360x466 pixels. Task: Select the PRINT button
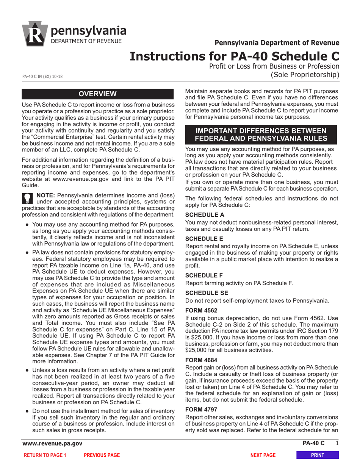point(317,455)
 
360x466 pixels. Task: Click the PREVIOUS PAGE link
point(102,455)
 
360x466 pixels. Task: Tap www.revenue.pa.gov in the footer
point(52,443)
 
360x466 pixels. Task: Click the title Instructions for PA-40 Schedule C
point(234,56)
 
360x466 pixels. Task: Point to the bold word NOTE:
point(45,195)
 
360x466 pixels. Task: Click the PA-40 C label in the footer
point(313,443)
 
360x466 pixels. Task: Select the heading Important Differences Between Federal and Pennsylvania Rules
point(260,134)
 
